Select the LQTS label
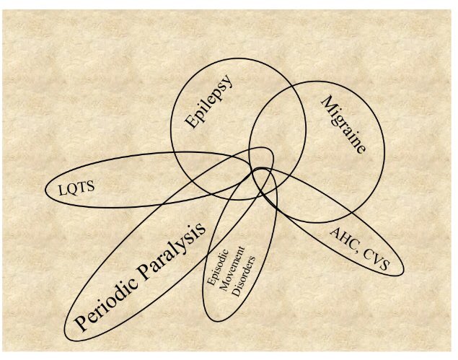(x=76, y=188)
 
